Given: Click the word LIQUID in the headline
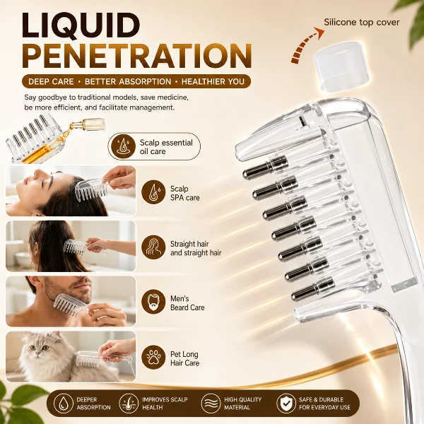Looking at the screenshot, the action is [81, 25].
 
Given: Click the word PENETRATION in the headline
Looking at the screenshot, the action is [137, 56].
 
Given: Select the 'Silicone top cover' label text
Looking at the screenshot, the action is [362, 22].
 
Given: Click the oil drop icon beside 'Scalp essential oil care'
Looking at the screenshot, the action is [119, 146].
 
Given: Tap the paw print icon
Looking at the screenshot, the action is [153, 358].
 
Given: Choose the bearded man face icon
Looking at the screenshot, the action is [153, 302].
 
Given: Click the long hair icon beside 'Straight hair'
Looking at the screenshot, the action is [153, 247].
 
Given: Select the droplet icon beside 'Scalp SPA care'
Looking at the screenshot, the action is [153, 192].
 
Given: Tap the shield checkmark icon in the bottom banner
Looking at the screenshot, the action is [286, 404].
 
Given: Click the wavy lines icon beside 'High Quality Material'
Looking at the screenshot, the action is [211, 404].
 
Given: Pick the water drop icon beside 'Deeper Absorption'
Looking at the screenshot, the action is [64, 404].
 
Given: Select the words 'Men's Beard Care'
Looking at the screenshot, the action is [187, 303].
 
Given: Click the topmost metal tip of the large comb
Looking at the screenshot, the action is [265, 167].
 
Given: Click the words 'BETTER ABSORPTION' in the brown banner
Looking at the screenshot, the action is [128, 81].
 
